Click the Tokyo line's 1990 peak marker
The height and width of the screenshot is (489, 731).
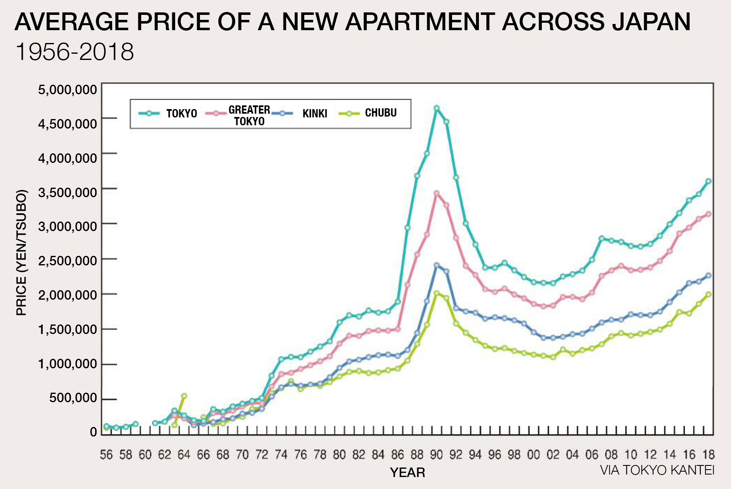[436, 108]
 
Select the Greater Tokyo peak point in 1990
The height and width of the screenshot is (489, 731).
[436, 193]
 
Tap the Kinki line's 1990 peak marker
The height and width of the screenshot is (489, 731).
[436, 265]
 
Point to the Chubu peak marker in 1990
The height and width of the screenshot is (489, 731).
[436, 293]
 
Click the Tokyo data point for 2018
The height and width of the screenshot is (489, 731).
[708, 181]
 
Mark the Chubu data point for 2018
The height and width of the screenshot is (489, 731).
[708, 294]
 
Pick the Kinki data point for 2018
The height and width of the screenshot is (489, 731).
[708, 275]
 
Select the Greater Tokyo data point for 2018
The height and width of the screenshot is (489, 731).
[708, 214]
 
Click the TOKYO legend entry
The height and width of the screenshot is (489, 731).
[181, 114]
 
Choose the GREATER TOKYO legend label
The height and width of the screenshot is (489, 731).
[249, 115]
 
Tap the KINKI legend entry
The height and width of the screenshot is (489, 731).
[315, 114]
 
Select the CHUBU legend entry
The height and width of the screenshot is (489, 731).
[380, 113]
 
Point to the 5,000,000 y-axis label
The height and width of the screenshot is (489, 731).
[67, 90]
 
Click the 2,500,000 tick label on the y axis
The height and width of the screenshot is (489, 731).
[67, 261]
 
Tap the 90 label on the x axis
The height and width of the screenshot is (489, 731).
[436, 455]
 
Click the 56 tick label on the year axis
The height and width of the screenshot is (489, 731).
[106, 455]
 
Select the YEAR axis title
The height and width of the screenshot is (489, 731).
[407, 472]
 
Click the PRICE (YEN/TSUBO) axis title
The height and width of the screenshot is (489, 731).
[22, 252]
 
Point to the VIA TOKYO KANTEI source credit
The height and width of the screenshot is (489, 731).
[657, 470]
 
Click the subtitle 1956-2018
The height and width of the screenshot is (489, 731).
[75, 52]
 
